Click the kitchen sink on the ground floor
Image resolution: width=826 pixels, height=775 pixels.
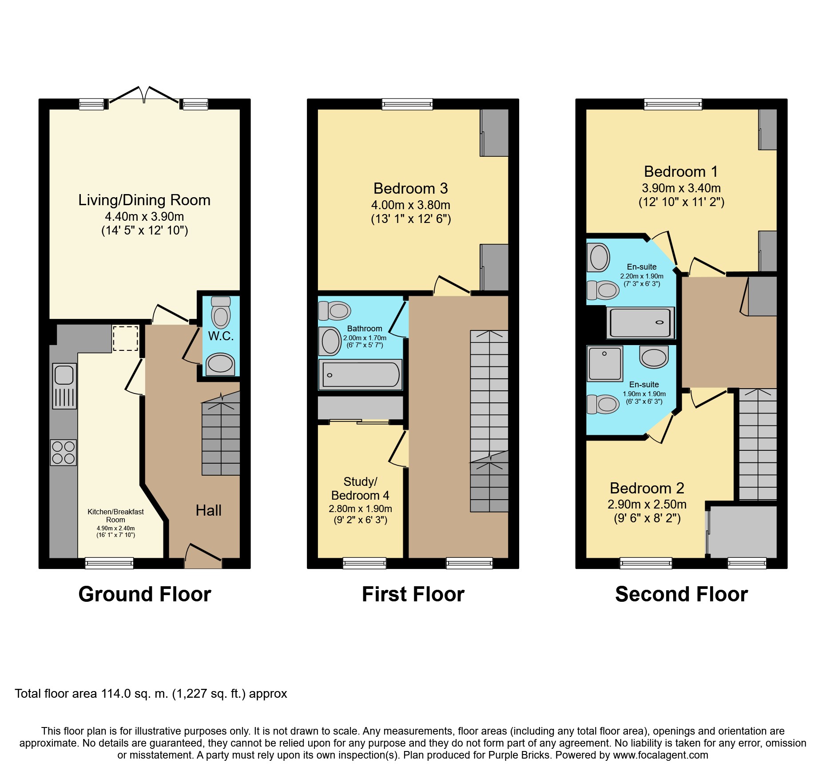(x=64, y=386)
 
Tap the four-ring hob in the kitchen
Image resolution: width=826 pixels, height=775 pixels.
(x=64, y=453)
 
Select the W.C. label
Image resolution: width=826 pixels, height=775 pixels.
(x=221, y=336)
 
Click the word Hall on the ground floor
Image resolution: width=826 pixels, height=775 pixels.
(x=209, y=511)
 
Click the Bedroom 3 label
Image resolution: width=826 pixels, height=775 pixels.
(x=411, y=188)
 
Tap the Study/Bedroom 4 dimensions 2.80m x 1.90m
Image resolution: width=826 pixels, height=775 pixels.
(x=360, y=509)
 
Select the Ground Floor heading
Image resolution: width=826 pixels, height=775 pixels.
(x=145, y=594)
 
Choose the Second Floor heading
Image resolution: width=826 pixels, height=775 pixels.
(x=681, y=594)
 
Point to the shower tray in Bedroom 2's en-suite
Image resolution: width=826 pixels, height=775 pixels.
(x=605, y=364)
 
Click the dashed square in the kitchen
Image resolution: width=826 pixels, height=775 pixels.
(x=125, y=338)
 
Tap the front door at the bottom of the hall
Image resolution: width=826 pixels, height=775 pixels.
(x=203, y=555)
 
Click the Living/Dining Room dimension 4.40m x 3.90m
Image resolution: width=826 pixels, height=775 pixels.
(x=144, y=217)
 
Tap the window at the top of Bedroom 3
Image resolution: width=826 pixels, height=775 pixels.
(x=407, y=104)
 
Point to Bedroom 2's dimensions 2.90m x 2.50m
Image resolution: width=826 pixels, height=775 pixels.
(x=647, y=505)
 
